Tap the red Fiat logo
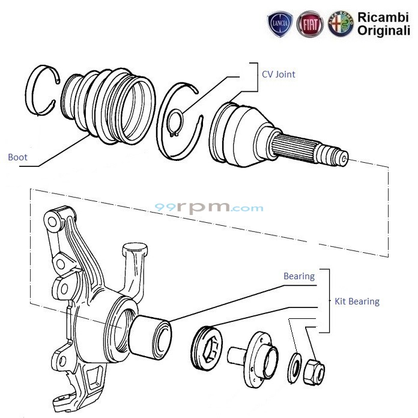310,25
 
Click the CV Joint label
278,74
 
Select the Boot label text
17,157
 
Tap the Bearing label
298,276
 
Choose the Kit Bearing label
357,301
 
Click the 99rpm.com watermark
209,208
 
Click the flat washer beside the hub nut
295,366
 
